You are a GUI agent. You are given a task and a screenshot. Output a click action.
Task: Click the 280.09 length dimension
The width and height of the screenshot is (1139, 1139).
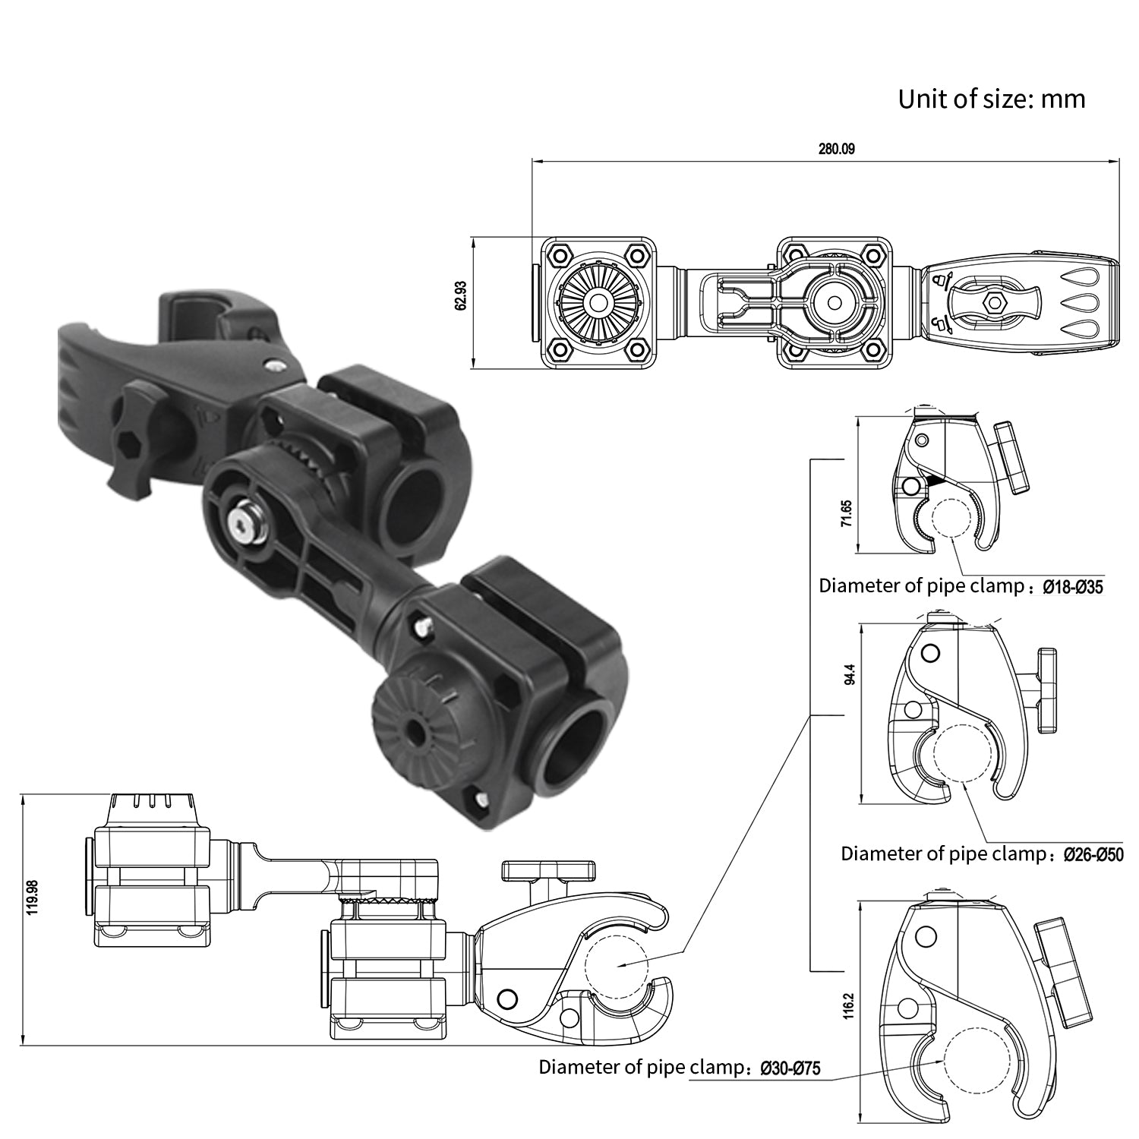pos(836,149)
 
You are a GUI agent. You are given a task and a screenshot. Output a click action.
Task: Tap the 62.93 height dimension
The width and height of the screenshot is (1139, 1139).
pos(460,302)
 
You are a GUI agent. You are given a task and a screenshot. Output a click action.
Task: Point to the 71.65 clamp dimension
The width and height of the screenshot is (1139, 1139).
pos(847,513)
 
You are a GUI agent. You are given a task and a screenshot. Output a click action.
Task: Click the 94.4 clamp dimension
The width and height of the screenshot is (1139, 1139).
pos(850,674)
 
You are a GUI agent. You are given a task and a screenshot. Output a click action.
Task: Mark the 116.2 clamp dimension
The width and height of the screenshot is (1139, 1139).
pos(849,1006)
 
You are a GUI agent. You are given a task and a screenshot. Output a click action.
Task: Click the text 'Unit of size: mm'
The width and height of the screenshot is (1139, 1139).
pos(991,99)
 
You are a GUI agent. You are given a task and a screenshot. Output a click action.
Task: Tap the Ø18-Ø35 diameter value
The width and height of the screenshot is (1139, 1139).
pos(1072,586)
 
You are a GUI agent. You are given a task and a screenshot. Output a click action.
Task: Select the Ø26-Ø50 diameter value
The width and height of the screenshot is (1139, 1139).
pos(1093,854)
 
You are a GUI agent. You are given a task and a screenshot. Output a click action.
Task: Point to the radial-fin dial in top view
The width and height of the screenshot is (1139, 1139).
pos(598,302)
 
